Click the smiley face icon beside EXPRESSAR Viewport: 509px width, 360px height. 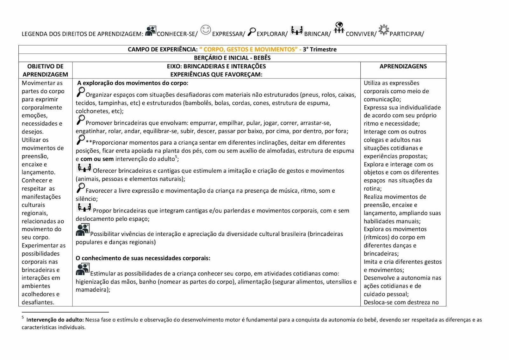pos(206,30)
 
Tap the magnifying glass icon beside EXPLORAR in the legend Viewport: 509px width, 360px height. pos(252,31)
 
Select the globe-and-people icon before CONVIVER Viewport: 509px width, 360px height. pos(339,27)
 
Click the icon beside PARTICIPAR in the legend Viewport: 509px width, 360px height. pos(384,30)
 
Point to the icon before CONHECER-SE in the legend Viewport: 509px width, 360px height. pos(151,31)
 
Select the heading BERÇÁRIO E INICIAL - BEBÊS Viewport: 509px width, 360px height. pos(232,58)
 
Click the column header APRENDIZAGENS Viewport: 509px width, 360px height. pos(403,66)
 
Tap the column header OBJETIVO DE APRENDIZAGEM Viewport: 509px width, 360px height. pos(45,70)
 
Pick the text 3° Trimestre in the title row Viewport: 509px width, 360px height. pos(319,49)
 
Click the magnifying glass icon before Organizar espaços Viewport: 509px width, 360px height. pos(80,92)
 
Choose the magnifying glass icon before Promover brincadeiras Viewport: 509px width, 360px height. pos(80,120)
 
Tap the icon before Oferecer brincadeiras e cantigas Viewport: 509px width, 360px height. pos(84,168)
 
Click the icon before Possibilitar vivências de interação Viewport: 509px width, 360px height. pos(83,230)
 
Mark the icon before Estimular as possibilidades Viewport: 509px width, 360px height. pos(83,269)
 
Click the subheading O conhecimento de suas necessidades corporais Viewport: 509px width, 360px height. pos(143,258)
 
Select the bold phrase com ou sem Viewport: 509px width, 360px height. pos(97,159)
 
